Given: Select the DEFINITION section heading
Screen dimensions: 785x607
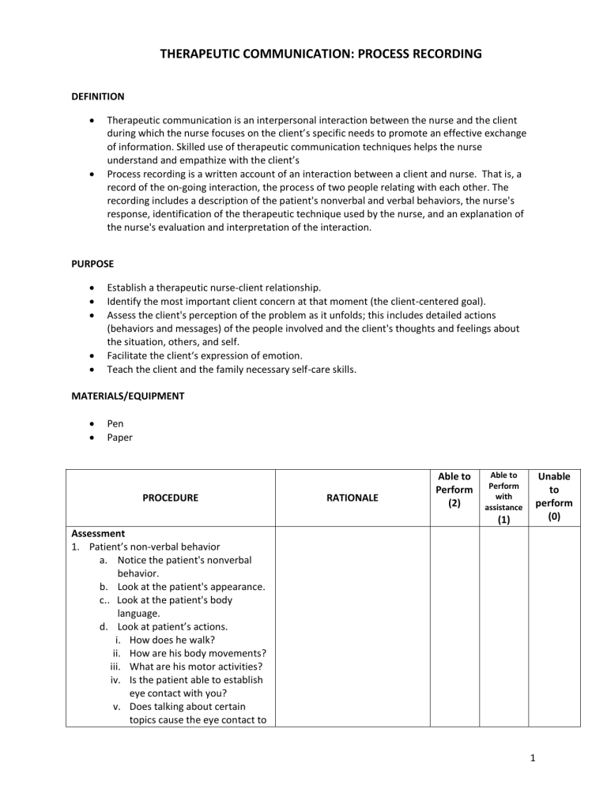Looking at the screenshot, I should click(97, 97).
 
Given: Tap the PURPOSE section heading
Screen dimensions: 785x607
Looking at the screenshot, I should click(88, 257).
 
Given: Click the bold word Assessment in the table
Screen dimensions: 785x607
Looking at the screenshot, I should click(98, 533).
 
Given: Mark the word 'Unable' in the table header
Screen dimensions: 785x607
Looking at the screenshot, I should click(553, 476).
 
